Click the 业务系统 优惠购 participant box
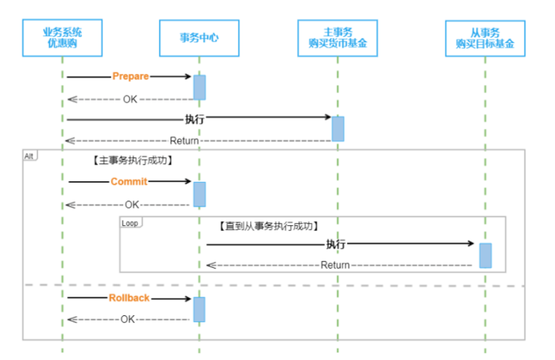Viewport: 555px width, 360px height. point(62,38)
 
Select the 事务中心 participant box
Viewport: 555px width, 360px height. point(199,38)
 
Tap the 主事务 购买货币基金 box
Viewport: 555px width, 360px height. point(338,38)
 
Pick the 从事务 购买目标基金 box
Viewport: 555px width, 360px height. point(485,39)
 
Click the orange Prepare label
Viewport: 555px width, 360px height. point(131,76)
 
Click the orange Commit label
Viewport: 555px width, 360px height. point(129,182)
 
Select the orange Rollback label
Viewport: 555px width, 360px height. point(129,298)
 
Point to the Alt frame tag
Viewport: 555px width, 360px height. point(30,156)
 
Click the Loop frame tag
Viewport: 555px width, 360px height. point(131,223)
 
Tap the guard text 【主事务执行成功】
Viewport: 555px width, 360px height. point(132,160)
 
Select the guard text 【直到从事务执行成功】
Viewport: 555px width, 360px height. point(269,226)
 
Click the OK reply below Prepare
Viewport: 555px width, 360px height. point(130,100)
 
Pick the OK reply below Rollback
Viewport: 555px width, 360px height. point(127,320)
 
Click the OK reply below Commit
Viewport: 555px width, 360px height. point(132,205)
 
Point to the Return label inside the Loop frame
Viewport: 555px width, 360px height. point(335,265)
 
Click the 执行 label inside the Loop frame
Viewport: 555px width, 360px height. point(336,244)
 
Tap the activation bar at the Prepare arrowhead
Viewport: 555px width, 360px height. point(200,87)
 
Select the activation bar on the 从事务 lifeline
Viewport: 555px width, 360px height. point(486,256)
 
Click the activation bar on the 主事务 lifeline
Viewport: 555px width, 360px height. point(338,129)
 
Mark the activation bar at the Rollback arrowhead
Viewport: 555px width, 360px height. point(199,310)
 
